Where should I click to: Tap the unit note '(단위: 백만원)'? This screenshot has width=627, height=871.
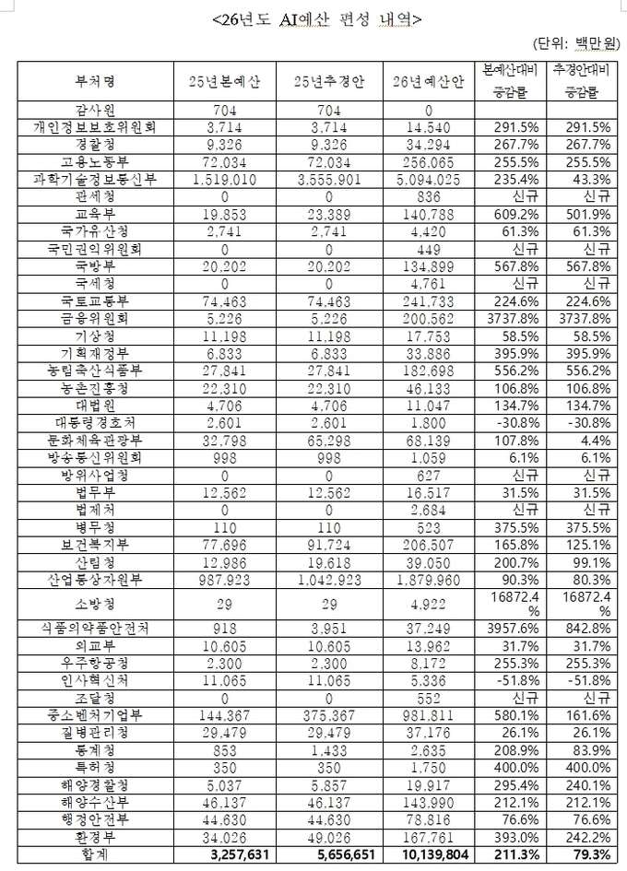[x=573, y=43]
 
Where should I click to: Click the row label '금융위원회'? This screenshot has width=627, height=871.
[x=95, y=319]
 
